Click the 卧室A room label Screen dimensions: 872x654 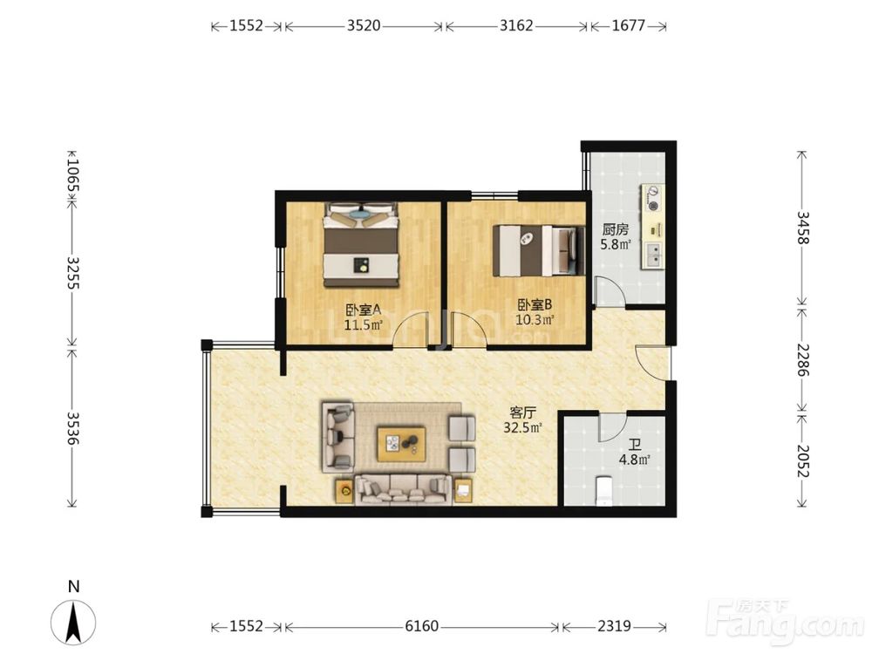pyautogui.click(x=364, y=310)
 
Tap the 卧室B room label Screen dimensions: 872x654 pyautogui.click(x=535, y=304)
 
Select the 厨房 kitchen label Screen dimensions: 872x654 pyautogui.click(x=615, y=229)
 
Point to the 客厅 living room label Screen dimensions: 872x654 pyautogui.click(x=522, y=412)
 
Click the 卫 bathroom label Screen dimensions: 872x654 pyautogui.click(x=635, y=445)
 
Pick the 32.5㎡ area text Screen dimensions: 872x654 pyautogui.click(x=522, y=427)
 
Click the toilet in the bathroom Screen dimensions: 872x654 pyautogui.click(x=603, y=491)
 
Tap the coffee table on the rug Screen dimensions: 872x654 pyautogui.click(x=401, y=444)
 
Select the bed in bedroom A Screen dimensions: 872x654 pyautogui.click(x=362, y=245)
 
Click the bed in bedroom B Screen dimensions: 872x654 pyautogui.click(x=539, y=250)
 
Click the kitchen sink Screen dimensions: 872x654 pyautogui.click(x=654, y=255)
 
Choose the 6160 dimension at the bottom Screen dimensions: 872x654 pyautogui.click(x=421, y=626)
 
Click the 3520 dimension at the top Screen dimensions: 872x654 pyautogui.click(x=364, y=25)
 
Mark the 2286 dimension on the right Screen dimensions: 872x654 pyautogui.click(x=802, y=359)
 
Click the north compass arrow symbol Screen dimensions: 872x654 pyautogui.click(x=73, y=622)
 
